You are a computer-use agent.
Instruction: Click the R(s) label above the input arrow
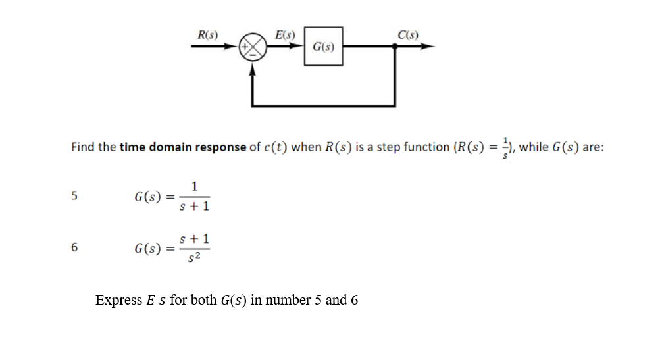(x=208, y=35)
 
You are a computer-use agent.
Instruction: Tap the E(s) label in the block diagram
(x=285, y=35)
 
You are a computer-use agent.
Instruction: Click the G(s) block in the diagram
(x=323, y=47)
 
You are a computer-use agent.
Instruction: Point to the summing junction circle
(x=253, y=47)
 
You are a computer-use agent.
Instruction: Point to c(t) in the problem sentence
(x=274, y=147)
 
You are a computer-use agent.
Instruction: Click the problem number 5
(x=74, y=195)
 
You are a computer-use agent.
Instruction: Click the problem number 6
(x=74, y=248)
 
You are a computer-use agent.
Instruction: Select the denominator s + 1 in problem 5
(x=194, y=206)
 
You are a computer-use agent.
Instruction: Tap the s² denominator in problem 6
(x=194, y=257)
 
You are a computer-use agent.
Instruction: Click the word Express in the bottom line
(x=118, y=301)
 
